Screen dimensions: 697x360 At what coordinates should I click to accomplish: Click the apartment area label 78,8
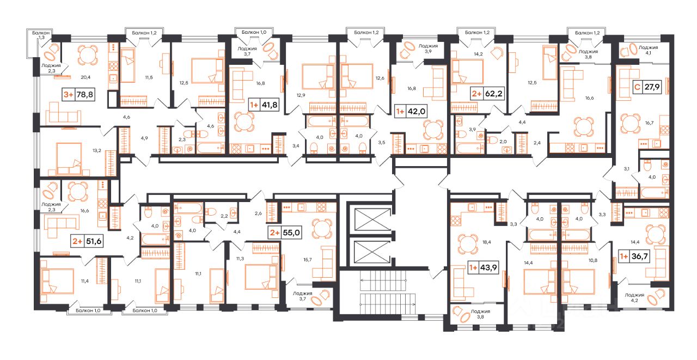[84, 94]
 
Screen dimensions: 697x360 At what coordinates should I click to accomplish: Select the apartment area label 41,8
[270, 105]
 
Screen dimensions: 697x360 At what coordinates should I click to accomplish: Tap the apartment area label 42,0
[417, 111]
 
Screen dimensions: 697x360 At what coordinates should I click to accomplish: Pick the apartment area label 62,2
[494, 93]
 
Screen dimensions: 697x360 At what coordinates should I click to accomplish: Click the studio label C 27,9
[647, 87]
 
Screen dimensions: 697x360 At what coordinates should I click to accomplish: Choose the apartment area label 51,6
[94, 241]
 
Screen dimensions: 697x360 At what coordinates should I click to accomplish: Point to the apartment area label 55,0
[291, 233]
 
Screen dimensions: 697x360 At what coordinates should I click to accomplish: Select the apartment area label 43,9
[488, 267]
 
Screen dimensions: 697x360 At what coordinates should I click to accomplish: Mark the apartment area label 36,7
[639, 256]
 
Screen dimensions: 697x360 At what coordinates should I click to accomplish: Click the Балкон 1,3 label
[41, 35]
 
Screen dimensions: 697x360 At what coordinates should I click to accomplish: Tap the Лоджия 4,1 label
[648, 50]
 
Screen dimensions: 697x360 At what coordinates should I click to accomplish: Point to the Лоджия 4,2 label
[634, 297]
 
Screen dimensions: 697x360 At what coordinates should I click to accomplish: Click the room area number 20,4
[85, 77]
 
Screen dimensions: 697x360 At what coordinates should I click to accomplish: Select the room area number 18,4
[487, 242]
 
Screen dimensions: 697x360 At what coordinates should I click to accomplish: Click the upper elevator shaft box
[373, 219]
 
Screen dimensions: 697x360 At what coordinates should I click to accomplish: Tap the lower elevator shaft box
[373, 252]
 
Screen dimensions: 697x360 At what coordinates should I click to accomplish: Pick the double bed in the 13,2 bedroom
[69, 158]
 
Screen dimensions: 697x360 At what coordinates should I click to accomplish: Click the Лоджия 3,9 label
[428, 48]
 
